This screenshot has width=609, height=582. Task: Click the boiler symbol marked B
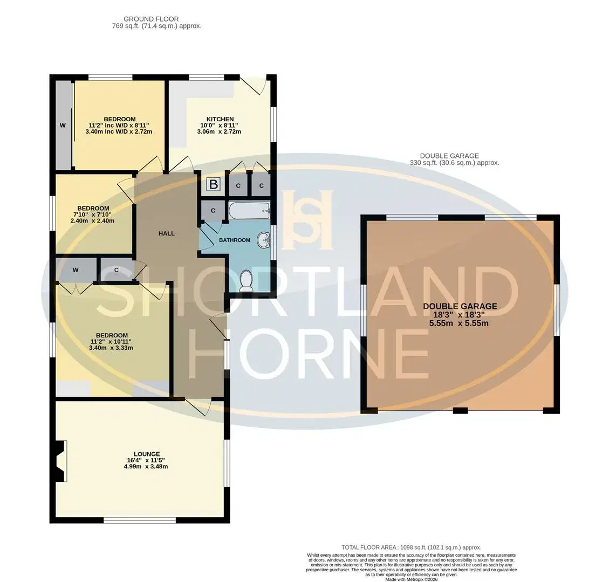(213, 184)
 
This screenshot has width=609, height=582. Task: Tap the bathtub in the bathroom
(249, 211)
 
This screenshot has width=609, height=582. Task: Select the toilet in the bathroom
(246, 281)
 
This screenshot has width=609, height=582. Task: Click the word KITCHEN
(220, 119)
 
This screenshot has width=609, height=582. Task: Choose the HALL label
(166, 233)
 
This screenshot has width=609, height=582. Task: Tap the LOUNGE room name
(147, 454)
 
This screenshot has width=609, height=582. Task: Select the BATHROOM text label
(235, 240)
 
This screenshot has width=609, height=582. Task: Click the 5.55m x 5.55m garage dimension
(459, 323)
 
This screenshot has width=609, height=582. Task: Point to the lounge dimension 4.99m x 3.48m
(146, 466)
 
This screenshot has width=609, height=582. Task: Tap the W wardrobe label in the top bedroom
(63, 126)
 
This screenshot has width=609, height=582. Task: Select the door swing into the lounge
(199, 407)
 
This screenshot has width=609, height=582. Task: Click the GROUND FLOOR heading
(151, 19)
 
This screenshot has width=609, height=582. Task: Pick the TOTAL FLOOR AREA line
(412, 548)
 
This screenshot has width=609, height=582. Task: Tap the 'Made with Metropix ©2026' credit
(412, 579)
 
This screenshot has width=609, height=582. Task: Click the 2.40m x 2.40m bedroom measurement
(92, 221)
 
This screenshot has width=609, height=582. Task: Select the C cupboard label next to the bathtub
(213, 211)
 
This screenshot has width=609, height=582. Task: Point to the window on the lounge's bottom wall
(139, 521)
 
